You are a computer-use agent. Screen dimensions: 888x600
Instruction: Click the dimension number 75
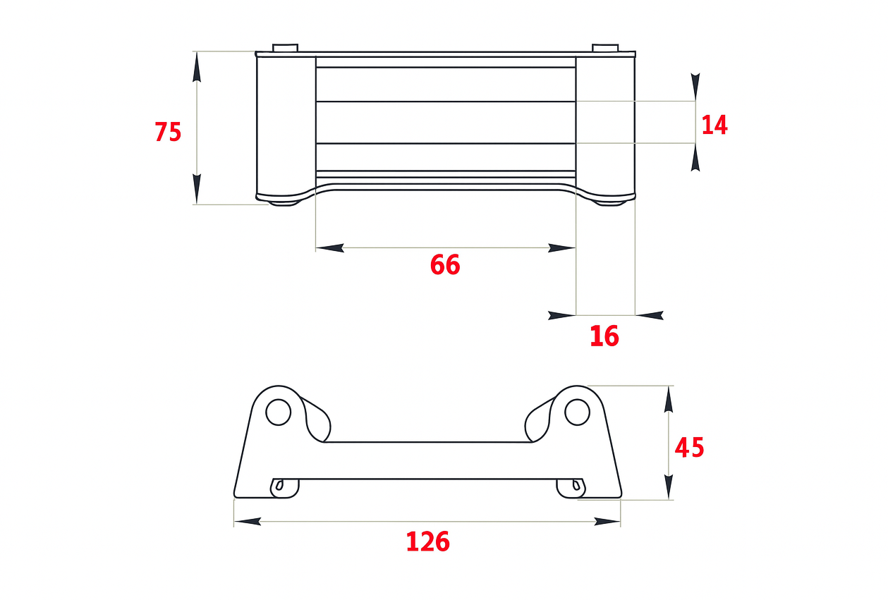click(x=168, y=132)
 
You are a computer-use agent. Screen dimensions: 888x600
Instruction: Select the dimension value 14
click(x=714, y=125)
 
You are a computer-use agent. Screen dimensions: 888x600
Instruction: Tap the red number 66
click(x=445, y=264)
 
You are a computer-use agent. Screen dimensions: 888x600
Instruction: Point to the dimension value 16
click(x=604, y=336)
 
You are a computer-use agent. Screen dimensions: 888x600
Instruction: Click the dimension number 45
click(x=689, y=448)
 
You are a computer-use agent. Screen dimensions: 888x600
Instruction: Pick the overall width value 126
click(x=427, y=541)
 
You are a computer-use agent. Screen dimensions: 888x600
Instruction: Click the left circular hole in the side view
click(x=279, y=412)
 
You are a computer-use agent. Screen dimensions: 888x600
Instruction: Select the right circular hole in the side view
click(x=577, y=412)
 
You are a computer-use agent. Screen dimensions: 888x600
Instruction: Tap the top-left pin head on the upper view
click(x=285, y=47)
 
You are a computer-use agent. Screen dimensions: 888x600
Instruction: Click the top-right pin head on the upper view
click(x=605, y=47)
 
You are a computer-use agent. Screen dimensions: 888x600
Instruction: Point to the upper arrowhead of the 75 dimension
click(x=197, y=67)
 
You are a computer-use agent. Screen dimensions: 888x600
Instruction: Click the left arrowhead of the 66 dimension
click(x=330, y=248)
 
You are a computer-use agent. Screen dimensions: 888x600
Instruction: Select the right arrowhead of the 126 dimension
click(x=607, y=522)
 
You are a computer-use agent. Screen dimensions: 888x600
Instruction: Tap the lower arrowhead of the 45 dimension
click(x=669, y=486)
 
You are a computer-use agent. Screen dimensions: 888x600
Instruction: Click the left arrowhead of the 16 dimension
click(x=561, y=315)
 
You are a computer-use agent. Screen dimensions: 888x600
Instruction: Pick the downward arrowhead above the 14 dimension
click(x=695, y=87)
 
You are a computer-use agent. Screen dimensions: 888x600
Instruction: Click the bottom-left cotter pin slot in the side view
click(x=279, y=485)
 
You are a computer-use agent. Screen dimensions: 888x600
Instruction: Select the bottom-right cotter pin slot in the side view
click(x=576, y=485)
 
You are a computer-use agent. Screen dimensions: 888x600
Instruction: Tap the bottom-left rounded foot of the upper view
click(x=284, y=203)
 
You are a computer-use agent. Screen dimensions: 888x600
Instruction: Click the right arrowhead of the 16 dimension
click(x=650, y=315)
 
